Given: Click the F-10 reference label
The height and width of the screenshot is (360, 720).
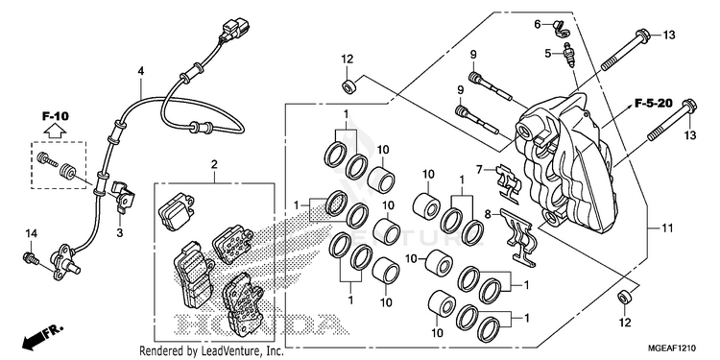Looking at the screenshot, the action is (56, 116).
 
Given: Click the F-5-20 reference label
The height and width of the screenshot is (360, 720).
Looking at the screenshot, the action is (654, 103).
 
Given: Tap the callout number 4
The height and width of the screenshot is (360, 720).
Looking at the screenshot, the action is (141, 71).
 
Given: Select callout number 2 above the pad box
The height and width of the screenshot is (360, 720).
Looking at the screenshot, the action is (214, 164).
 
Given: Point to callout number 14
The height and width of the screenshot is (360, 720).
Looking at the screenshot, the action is (31, 234).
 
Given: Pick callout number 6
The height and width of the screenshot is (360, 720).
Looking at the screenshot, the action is (538, 24).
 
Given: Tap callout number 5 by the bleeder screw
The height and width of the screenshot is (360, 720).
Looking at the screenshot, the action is (548, 54).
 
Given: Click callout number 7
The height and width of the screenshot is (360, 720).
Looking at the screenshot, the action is (479, 170).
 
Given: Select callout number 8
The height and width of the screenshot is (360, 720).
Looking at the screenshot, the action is (489, 213).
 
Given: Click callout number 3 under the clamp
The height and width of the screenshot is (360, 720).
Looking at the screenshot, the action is (119, 233).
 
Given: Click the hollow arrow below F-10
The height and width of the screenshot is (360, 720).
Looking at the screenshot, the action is (56, 132).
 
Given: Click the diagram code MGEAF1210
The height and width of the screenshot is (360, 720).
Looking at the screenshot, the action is (674, 348).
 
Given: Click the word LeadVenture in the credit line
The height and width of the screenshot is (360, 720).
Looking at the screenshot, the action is (226, 351).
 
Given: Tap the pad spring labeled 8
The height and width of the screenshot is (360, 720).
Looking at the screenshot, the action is (518, 236).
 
